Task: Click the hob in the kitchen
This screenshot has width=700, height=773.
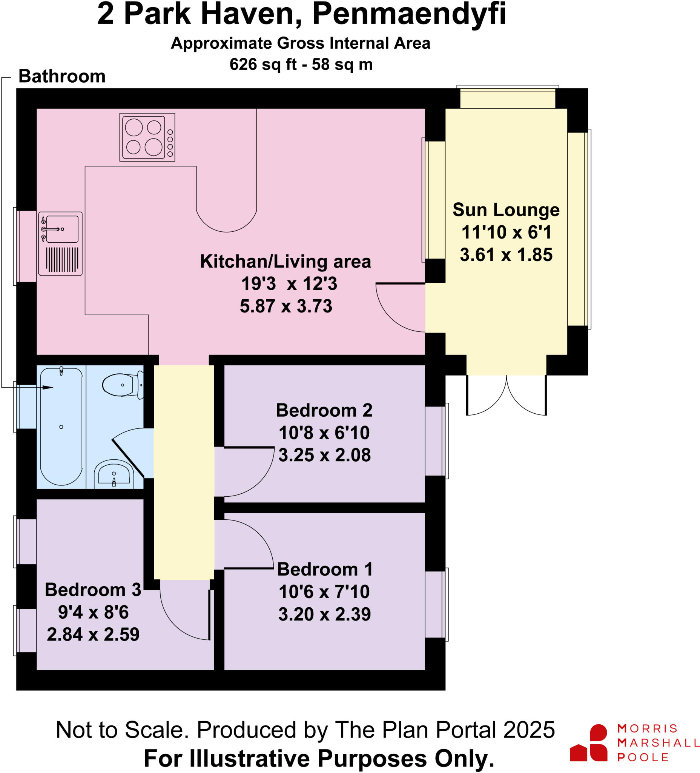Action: click(x=147, y=137)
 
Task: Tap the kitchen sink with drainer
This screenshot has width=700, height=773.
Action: click(x=60, y=243)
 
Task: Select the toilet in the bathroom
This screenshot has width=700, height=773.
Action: click(x=122, y=385)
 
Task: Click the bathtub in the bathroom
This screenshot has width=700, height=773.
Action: click(x=61, y=426)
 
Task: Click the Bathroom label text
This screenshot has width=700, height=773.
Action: click(x=62, y=76)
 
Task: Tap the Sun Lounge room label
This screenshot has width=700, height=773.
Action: click(x=506, y=210)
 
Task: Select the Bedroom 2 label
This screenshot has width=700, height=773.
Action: click(x=324, y=410)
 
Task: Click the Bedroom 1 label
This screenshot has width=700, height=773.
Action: click(x=324, y=569)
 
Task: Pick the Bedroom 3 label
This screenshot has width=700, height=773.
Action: click(x=93, y=590)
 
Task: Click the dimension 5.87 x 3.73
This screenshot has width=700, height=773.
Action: click(x=286, y=306)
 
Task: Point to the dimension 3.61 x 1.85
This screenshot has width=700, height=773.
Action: click(x=506, y=255)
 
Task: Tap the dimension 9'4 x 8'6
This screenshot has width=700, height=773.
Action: click(x=93, y=612)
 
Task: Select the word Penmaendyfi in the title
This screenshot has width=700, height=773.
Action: click(x=409, y=14)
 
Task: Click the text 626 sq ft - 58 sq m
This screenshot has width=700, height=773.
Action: click(x=301, y=65)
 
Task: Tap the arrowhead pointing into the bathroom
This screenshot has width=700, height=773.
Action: click(x=48, y=388)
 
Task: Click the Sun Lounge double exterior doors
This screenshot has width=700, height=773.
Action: click(x=506, y=395)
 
